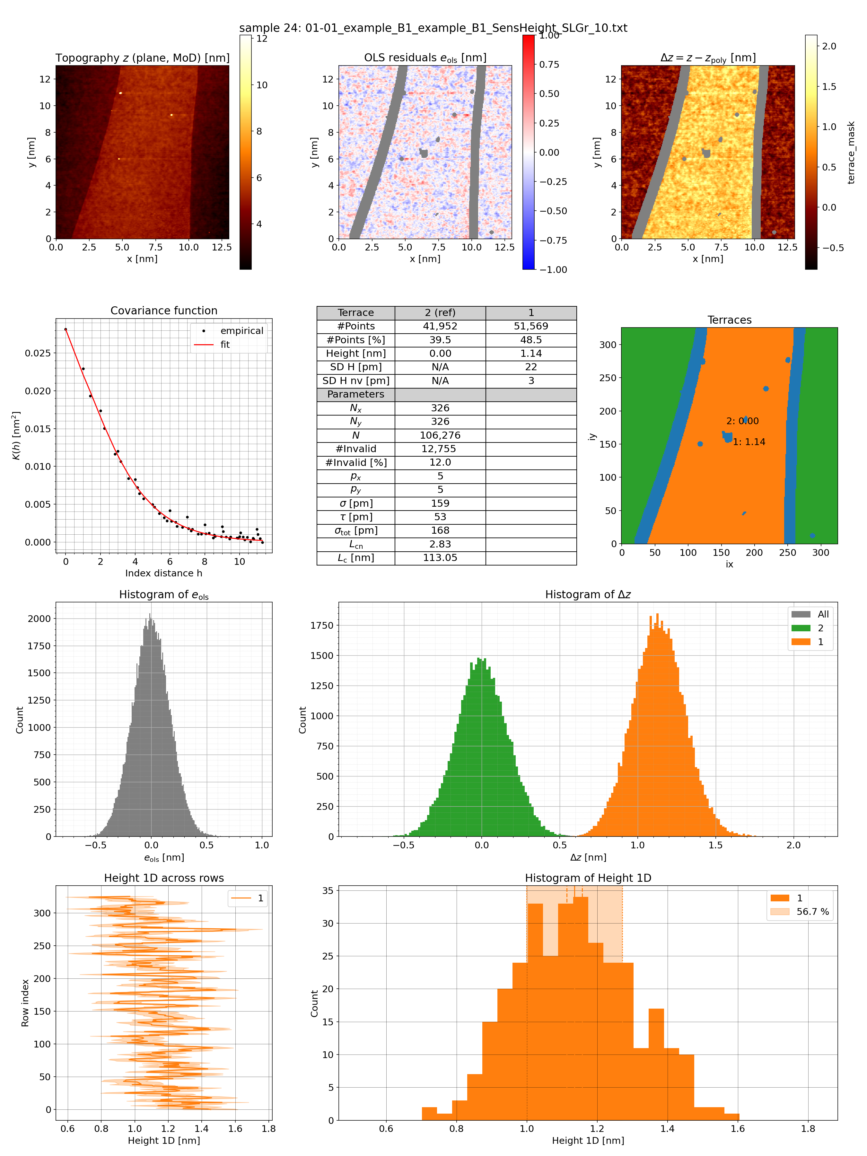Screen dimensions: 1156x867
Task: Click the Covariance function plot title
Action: pos(163,311)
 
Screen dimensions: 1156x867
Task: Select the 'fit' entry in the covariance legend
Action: pos(225,345)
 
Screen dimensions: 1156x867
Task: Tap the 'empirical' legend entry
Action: pos(241,331)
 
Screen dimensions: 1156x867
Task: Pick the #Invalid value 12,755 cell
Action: pos(440,448)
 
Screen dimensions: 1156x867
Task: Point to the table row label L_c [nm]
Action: pos(355,558)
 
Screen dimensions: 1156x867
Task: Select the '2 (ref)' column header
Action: pos(440,312)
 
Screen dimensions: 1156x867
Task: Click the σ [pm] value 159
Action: pos(440,503)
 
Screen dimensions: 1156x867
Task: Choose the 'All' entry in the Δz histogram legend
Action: pos(823,614)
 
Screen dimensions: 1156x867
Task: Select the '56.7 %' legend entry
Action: pos(812,911)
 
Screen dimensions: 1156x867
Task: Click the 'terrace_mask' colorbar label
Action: pos(851,153)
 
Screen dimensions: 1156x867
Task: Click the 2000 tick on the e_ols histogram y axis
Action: pos(39,618)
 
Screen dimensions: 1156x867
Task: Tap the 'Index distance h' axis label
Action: pos(163,573)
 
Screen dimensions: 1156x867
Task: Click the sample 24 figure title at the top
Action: pos(433,28)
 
